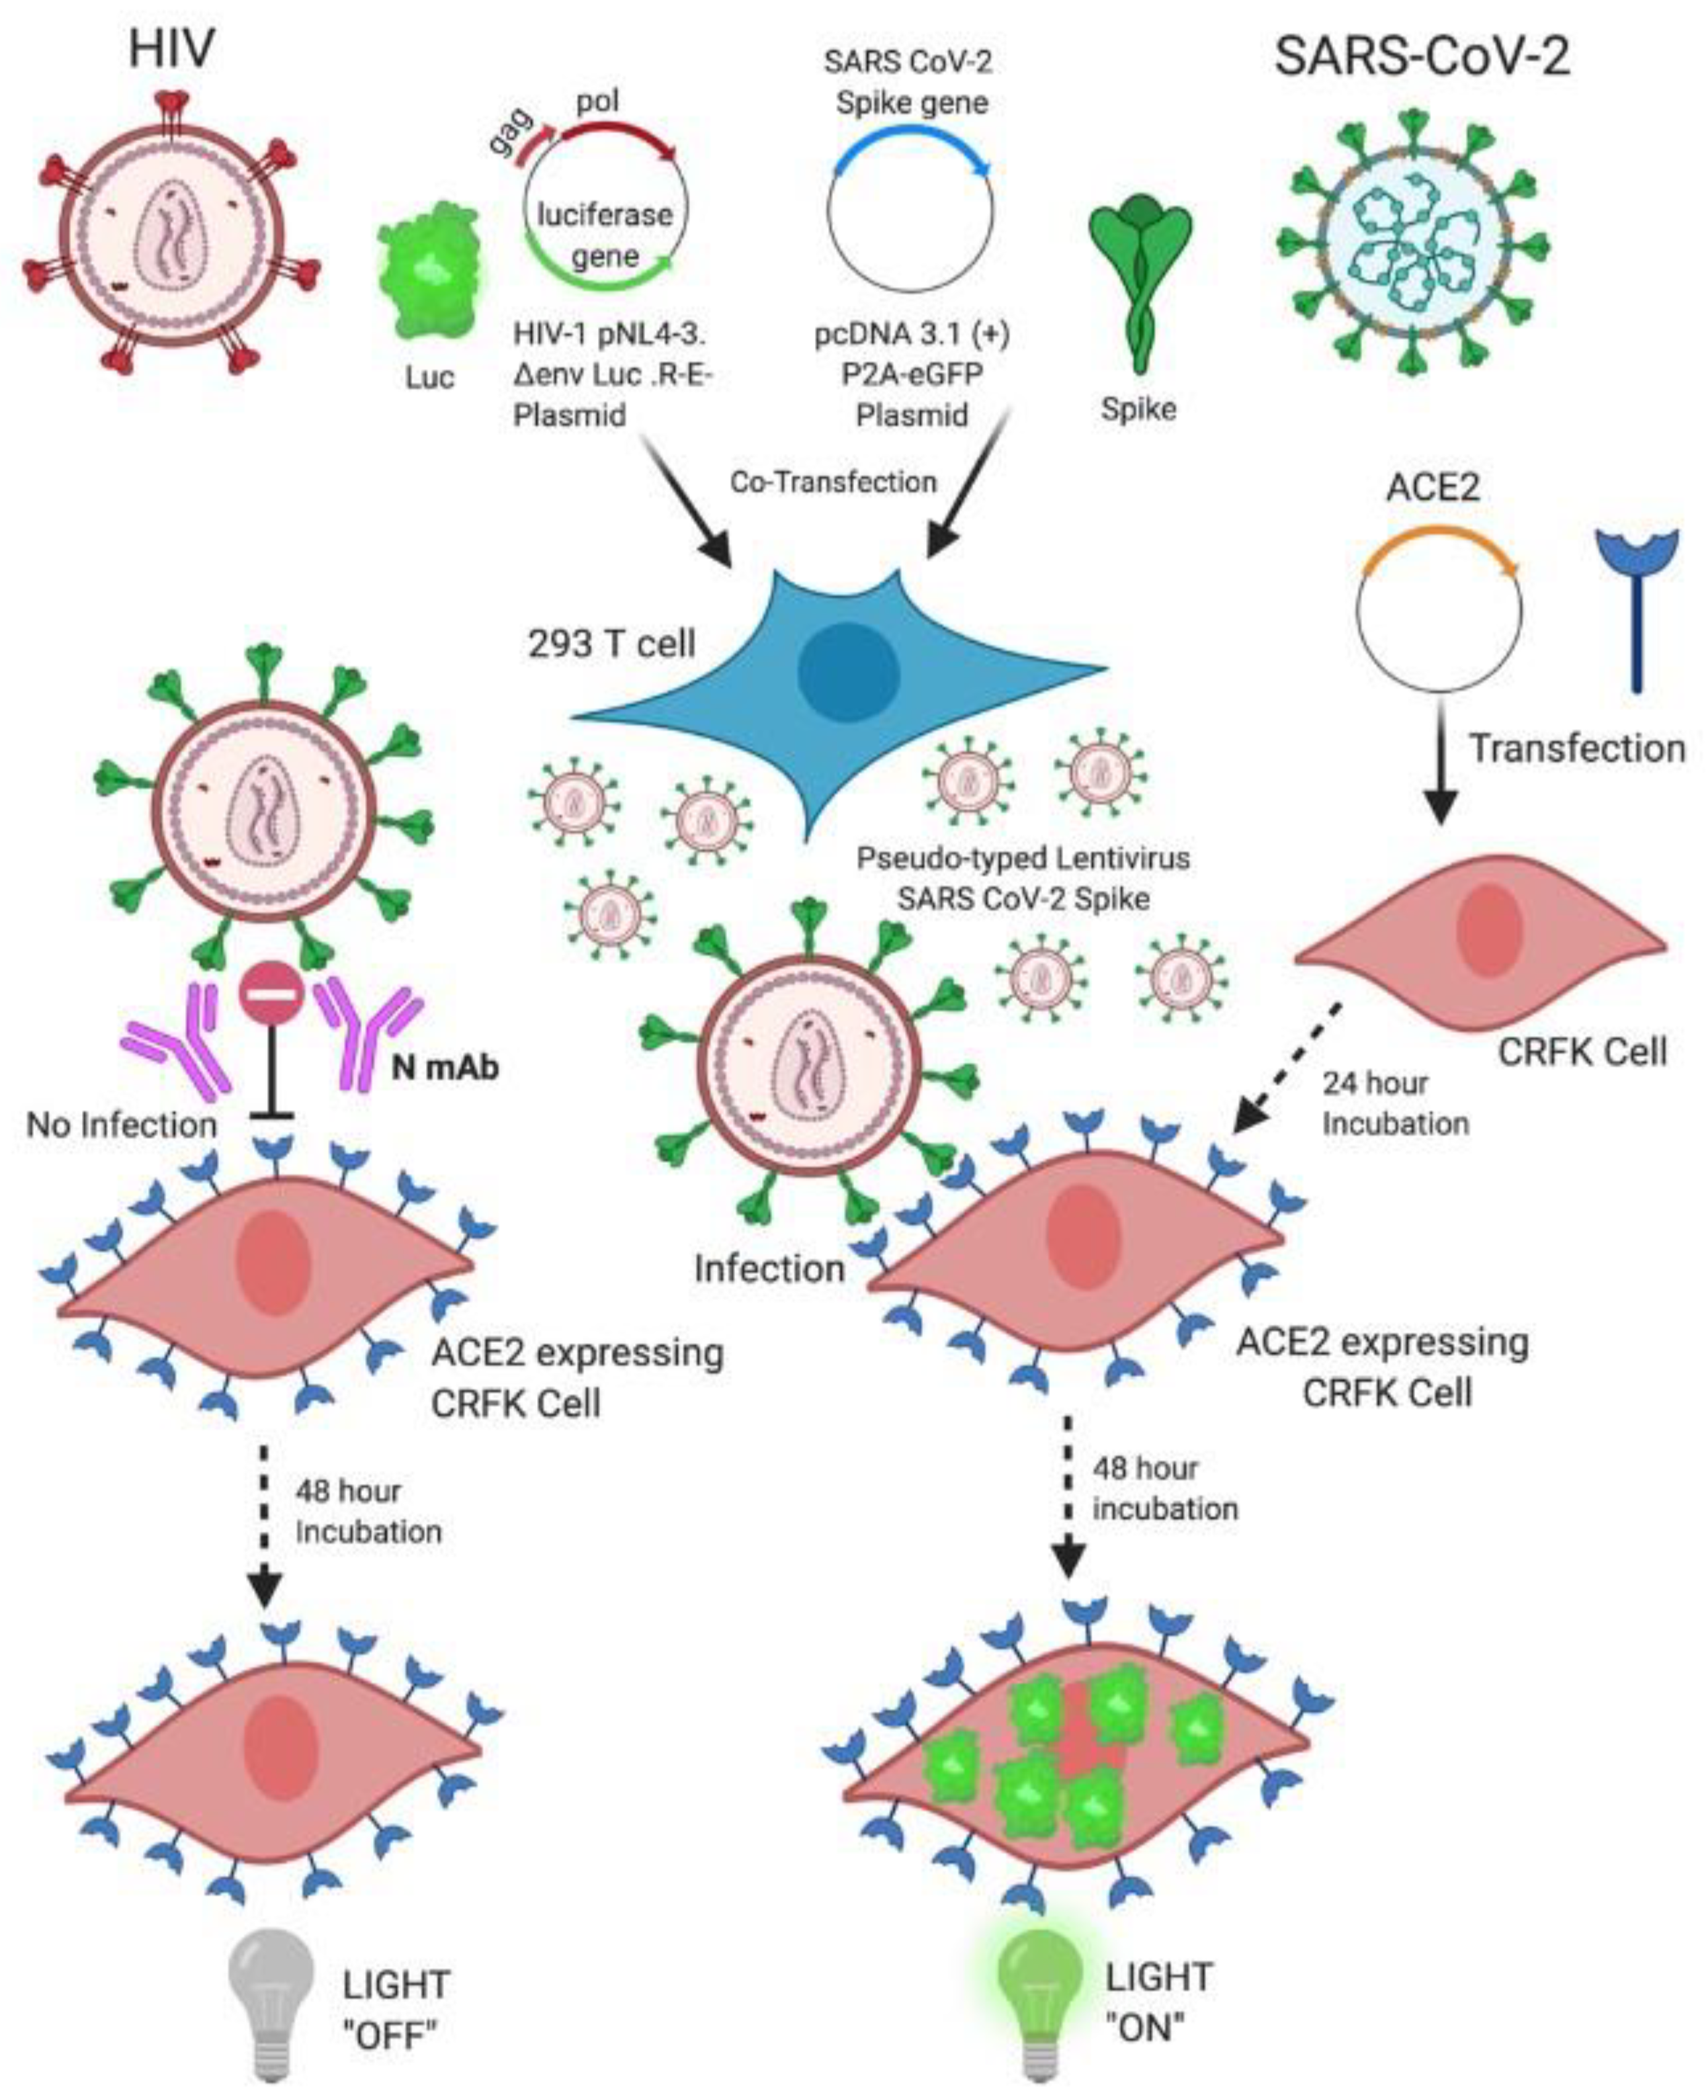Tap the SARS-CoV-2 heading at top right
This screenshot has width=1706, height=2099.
click(1421, 56)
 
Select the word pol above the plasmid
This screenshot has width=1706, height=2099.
click(597, 101)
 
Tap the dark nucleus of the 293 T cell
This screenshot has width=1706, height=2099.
click(848, 672)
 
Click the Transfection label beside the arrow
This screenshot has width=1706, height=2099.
click(1576, 749)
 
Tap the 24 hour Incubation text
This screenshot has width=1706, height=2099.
click(1394, 1103)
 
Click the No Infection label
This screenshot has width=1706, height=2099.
click(121, 1125)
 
